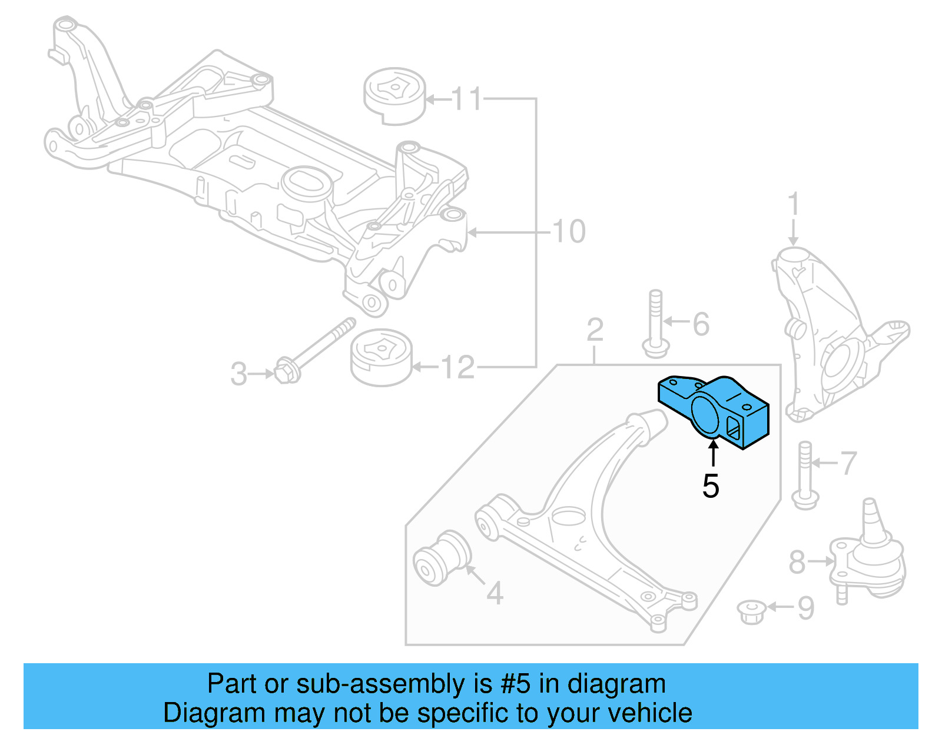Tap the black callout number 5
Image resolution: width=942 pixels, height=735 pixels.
711,487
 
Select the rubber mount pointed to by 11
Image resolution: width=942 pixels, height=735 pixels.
394,97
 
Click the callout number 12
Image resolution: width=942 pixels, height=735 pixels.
457,368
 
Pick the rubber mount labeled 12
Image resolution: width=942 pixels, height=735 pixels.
382,358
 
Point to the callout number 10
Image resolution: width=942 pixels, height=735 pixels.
569,231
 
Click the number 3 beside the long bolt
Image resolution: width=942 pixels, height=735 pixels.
238,374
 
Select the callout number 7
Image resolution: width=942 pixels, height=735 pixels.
848,463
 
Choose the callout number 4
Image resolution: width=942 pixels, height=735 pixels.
495,593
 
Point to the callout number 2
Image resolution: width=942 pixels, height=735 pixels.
595,330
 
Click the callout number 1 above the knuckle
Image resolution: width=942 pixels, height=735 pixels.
793,204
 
